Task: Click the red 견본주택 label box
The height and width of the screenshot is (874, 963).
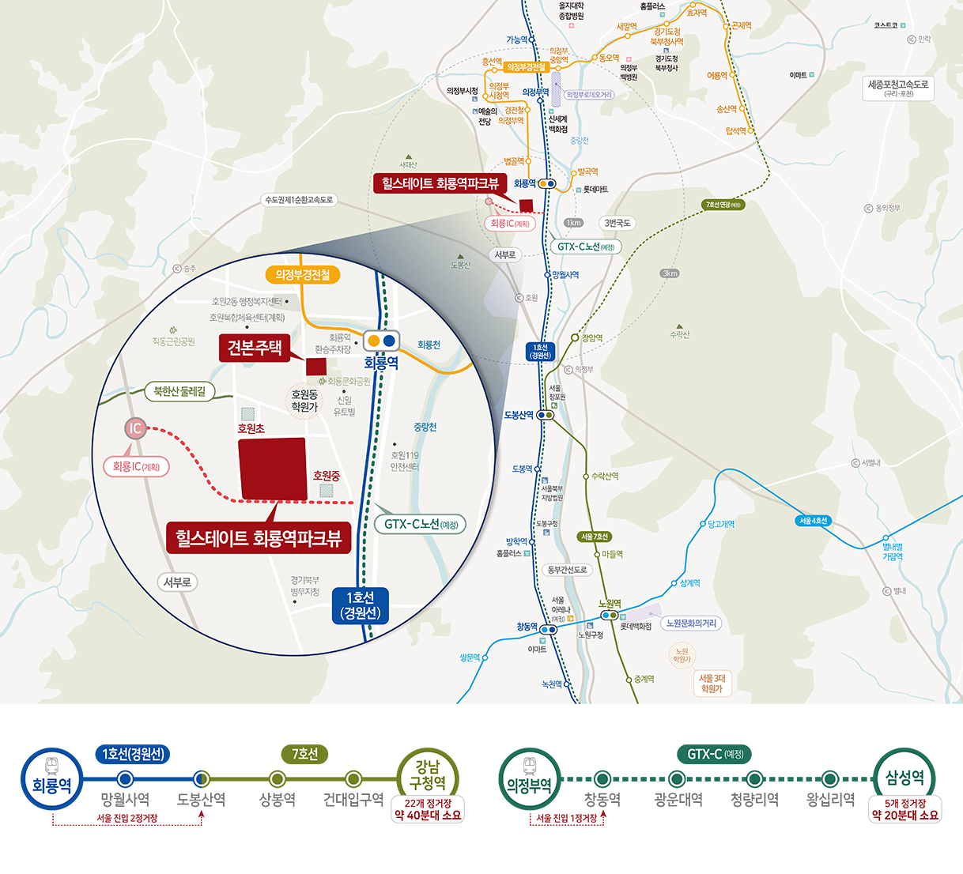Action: point(255,348)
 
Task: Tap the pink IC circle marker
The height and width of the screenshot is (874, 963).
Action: point(136,429)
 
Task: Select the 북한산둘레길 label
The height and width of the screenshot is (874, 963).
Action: point(179,391)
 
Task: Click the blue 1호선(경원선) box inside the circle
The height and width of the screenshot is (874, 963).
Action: point(360,605)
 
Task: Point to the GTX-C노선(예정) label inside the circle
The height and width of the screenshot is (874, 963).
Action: point(421,524)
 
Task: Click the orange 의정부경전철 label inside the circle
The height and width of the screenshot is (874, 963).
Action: point(303,274)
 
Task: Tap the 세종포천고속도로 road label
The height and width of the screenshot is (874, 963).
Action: point(898,88)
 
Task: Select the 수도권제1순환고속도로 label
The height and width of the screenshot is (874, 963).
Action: point(299,200)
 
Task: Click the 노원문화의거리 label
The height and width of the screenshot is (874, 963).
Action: point(690,623)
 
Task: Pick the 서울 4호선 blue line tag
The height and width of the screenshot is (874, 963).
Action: point(813,521)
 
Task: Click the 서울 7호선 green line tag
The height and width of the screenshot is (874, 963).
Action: point(594,537)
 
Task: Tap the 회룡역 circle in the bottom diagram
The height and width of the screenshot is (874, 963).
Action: point(51,779)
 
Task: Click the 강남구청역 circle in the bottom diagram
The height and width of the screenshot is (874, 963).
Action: point(427,775)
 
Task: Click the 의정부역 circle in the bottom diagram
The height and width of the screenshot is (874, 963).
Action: point(529,779)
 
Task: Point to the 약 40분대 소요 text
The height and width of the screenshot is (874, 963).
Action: point(428,815)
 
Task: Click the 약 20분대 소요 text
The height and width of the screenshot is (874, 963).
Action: point(905,815)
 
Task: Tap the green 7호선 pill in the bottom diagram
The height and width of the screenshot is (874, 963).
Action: point(304,754)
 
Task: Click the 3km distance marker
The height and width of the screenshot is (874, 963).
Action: point(670,273)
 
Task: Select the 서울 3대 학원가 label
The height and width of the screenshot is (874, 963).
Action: point(712,683)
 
